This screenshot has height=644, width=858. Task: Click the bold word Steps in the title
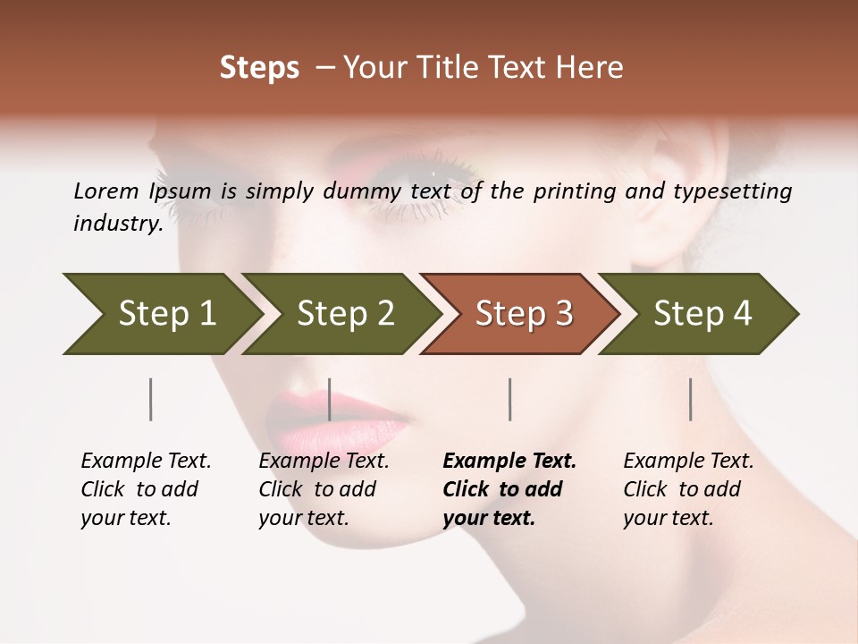point(259,68)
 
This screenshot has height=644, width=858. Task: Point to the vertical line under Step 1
point(150,399)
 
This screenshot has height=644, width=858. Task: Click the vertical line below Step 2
point(330,399)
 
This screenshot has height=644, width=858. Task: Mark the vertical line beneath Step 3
point(509,399)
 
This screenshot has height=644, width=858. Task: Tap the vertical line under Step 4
point(690,399)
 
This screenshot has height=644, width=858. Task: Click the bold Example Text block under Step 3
point(509,489)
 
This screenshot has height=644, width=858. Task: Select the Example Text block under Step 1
point(146,489)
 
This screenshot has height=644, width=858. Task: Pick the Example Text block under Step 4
point(688,489)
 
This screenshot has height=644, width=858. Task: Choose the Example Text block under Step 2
point(324,489)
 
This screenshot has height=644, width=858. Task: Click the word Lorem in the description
point(106,191)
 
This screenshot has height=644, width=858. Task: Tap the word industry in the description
point(118,224)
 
